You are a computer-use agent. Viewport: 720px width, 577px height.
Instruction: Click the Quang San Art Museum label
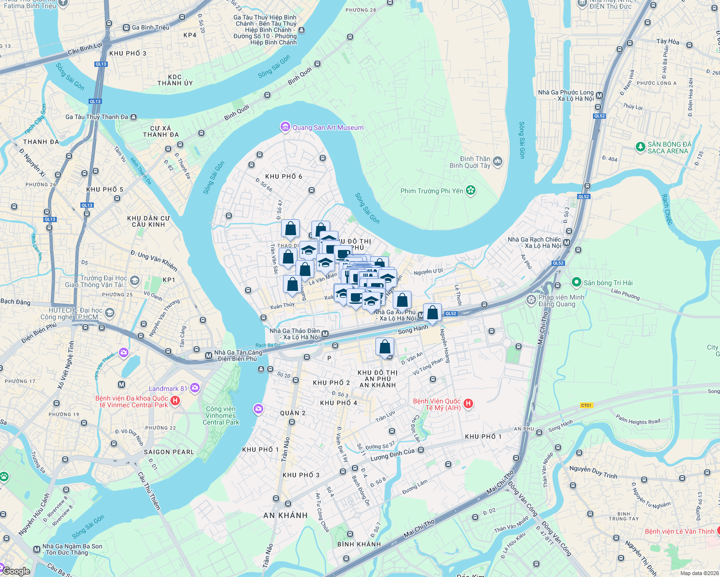coord(328,127)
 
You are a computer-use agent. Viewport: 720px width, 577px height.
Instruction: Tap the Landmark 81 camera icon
coord(195,388)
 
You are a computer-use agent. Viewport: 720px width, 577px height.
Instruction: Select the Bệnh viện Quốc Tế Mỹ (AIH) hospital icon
coord(468,404)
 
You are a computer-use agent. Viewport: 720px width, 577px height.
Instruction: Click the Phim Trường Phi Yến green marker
coord(471,190)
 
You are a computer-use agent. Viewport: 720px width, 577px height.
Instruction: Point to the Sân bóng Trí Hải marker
coord(576,282)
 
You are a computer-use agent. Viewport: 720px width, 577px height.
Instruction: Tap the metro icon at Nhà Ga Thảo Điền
coord(325,334)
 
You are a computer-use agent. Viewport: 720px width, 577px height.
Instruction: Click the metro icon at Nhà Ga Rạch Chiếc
coord(567,243)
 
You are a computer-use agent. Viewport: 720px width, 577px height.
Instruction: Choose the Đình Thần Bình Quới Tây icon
coord(498,162)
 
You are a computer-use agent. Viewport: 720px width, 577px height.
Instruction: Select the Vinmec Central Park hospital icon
coord(175,401)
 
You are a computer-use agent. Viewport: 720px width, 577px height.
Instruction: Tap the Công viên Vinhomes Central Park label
coord(220,415)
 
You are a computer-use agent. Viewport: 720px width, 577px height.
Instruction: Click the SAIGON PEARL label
coord(169,452)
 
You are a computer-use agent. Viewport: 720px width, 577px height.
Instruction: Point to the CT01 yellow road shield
coord(586,405)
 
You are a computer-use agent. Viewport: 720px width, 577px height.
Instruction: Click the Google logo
coord(16,571)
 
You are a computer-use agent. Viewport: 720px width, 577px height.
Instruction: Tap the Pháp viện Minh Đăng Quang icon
coord(531,300)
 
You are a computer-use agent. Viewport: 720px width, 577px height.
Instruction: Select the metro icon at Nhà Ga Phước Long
coord(599,95)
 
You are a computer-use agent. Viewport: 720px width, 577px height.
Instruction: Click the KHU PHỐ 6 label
coord(283,176)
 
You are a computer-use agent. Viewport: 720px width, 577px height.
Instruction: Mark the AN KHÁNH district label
coord(285,515)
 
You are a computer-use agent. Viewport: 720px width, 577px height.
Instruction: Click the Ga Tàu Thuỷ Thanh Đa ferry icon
coord(133,117)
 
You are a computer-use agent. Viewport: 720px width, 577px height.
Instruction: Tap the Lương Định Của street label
coord(392,454)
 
